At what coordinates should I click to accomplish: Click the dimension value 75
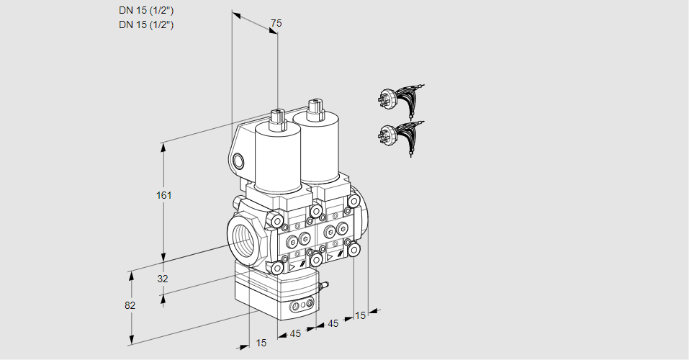tap(276, 23)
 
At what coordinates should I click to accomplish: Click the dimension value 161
tap(164, 195)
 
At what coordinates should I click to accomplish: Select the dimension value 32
tap(163, 279)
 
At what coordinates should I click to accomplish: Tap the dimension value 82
tap(130, 305)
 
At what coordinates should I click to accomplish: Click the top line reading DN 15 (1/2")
tap(146, 11)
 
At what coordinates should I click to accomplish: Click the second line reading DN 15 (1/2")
tap(146, 24)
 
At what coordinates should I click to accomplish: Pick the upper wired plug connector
tap(400, 101)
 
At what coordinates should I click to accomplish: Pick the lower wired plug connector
tap(400, 138)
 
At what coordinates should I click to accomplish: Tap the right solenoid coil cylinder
tap(316, 148)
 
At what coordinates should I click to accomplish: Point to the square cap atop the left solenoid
tap(278, 119)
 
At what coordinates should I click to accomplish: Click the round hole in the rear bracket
tap(238, 162)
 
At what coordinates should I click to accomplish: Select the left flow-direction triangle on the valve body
tap(292, 267)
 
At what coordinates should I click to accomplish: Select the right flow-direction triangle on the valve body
tap(330, 257)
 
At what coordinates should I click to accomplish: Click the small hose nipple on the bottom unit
tap(325, 286)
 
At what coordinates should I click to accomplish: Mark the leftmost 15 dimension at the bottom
tap(261, 343)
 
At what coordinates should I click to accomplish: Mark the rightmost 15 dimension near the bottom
tap(360, 315)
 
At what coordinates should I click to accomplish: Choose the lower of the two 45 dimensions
tap(295, 333)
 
